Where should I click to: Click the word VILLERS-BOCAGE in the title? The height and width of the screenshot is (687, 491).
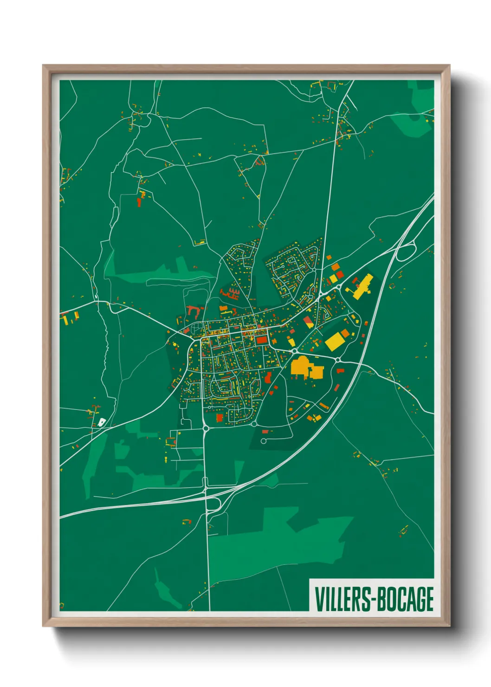click(374, 599)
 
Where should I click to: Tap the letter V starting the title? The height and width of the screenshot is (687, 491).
click(320, 599)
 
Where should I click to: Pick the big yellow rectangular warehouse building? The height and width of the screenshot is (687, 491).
click(334, 342)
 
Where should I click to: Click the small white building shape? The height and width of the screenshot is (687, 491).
click(102, 422)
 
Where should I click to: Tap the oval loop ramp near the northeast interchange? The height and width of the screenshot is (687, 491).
click(406, 253)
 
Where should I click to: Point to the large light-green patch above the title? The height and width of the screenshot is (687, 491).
click(278, 538)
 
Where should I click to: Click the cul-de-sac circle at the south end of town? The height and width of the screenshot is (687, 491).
click(263, 441)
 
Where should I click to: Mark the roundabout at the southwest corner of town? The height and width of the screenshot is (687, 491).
click(205, 428)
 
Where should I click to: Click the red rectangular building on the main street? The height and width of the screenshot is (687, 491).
click(262, 340)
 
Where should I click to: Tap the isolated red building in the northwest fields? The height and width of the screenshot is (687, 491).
click(139, 202)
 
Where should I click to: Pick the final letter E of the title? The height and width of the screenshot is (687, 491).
click(429, 599)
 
